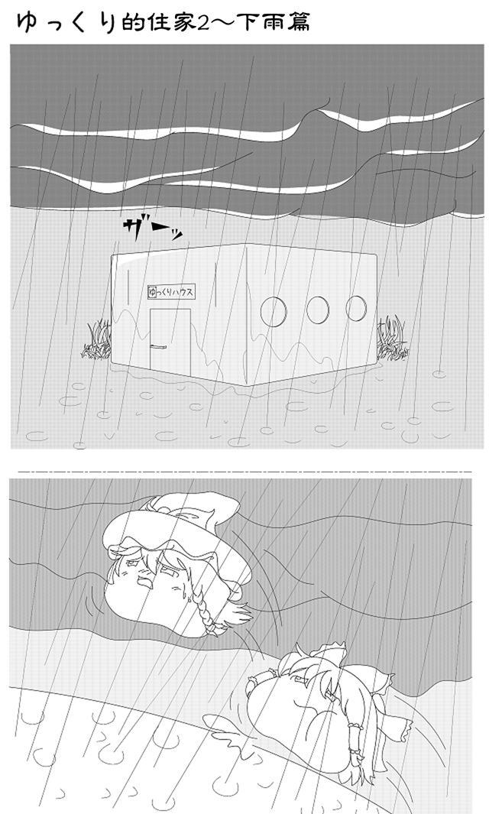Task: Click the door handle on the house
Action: (158, 347)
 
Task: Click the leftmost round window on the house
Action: (273, 310)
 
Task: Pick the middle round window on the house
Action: (317, 310)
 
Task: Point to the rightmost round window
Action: (356, 307)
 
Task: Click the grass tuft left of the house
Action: (97, 342)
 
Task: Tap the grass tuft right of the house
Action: (393, 339)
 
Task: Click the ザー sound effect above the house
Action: (152, 228)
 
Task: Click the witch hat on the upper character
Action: (176, 527)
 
